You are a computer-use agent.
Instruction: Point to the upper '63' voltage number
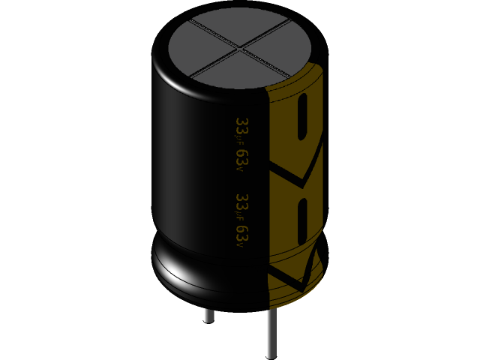click(x=241, y=158)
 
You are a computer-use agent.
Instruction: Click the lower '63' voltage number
click(x=241, y=235)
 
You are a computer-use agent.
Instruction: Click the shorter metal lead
click(x=208, y=313)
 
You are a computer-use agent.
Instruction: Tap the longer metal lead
click(x=271, y=333)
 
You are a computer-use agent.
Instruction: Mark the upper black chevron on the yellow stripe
click(x=300, y=176)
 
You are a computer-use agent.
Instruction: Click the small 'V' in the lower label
click(x=241, y=247)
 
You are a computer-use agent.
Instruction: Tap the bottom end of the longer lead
click(x=271, y=355)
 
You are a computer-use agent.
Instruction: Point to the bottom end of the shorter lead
click(x=208, y=320)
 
